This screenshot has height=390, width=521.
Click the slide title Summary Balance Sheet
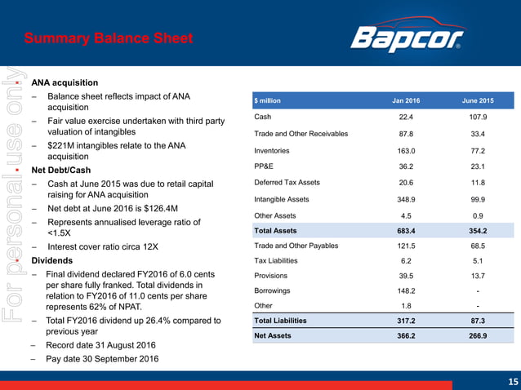(x=109, y=38)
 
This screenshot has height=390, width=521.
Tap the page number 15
(x=513, y=381)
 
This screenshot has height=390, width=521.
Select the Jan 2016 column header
(x=406, y=100)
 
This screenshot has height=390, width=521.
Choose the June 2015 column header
(x=479, y=100)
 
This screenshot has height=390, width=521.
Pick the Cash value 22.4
(x=406, y=117)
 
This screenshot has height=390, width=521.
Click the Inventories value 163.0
(x=406, y=151)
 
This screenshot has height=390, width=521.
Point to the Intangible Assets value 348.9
(x=406, y=199)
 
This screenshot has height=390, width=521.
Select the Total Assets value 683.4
(x=406, y=232)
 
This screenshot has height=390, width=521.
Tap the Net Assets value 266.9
(x=479, y=335)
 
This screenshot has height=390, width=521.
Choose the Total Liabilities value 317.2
(x=406, y=321)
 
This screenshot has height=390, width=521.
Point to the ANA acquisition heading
(x=65, y=82)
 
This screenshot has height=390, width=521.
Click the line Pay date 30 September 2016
(x=102, y=359)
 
